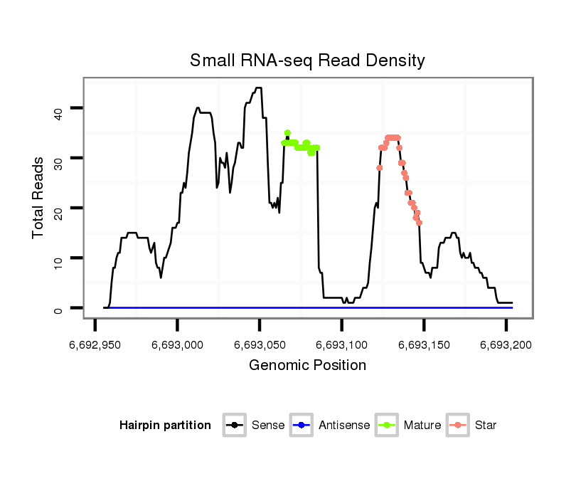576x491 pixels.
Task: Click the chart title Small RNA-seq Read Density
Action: (x=307, y=60)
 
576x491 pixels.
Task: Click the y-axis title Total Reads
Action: (x=38, y=198)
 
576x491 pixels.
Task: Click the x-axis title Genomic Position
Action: (x=307, y=366)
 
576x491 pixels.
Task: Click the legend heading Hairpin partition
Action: (x=165, y=426)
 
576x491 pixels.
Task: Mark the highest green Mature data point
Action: (x=287, y=133)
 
